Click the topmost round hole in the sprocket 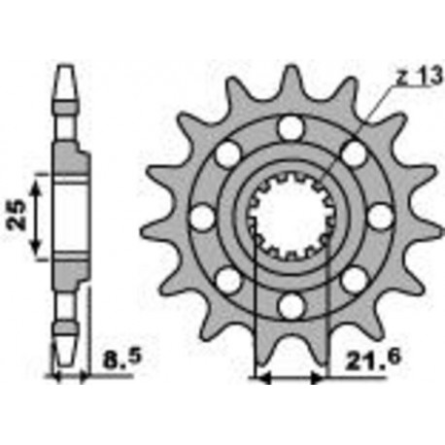tap(289, 127)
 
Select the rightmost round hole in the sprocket tap(379, 218)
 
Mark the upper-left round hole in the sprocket tap(225, 154)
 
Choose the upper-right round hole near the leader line tap(353, 154)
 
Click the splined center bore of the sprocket tap(289, 218)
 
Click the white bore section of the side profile tap(65, 220)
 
